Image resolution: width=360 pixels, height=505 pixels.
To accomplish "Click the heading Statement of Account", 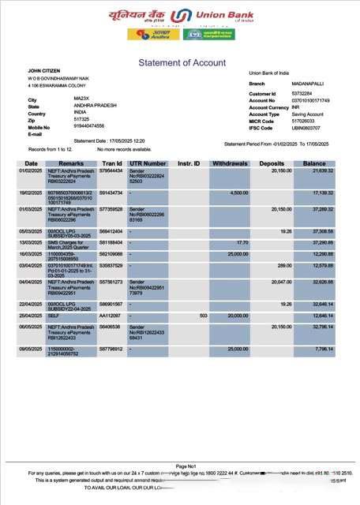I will point(182,63).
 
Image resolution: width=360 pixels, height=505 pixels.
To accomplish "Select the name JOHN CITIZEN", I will point(45,71).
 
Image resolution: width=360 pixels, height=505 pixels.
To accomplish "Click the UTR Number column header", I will point(147,163).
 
